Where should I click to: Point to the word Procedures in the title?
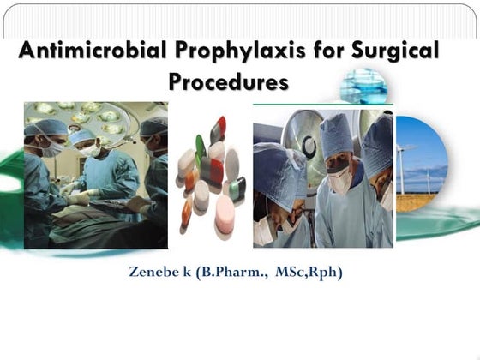coord(228,83)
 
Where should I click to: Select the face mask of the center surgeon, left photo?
coord(90,151)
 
